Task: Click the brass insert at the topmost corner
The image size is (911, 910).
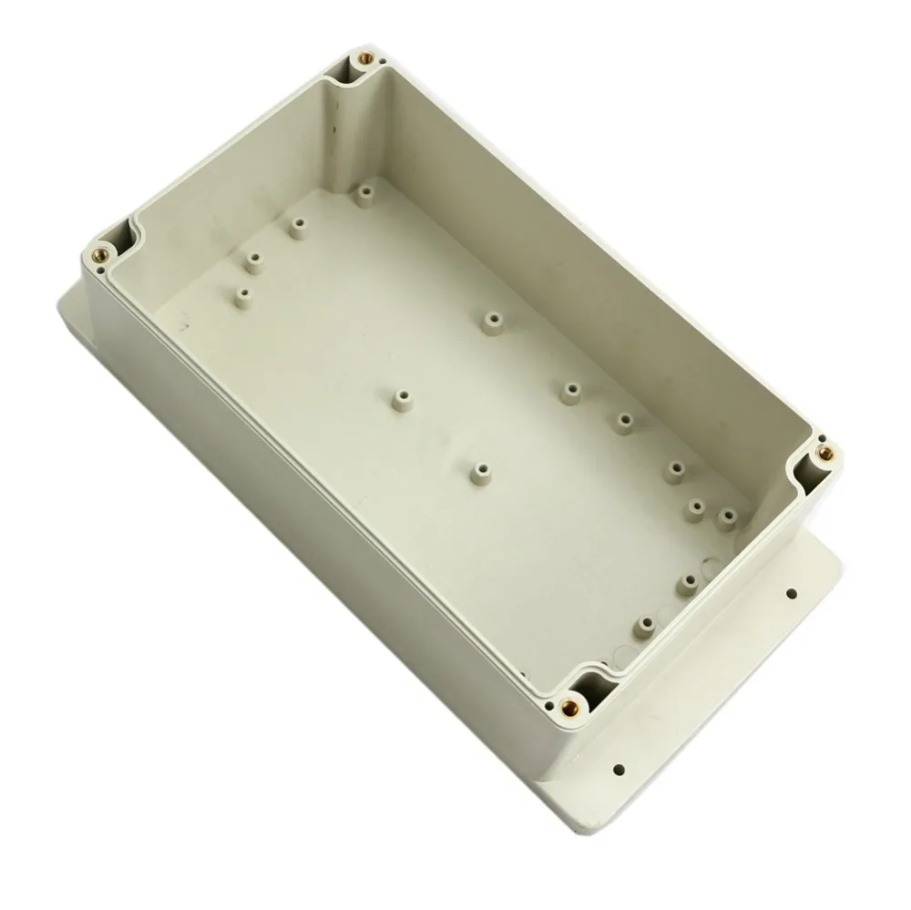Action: point(366,59)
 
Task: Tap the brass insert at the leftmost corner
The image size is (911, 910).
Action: point(100,255)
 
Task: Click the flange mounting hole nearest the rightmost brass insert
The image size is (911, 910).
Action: point(791,593)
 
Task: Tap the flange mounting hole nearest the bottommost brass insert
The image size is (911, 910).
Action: point(619,768)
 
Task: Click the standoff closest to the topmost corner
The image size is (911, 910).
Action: point(364,192)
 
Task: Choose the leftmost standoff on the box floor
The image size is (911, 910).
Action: point(244,296)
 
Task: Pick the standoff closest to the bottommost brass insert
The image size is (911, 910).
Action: point(645,625)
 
